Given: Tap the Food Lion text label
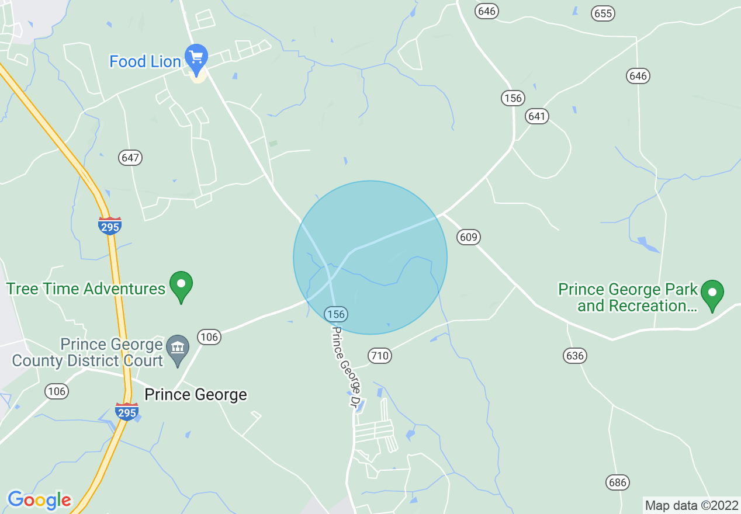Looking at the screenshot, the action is (x=145, y=61).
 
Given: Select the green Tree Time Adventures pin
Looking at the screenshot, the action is (x=181, y=285).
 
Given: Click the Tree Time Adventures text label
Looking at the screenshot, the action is (x=86, y=289).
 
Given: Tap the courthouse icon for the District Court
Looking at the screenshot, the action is (x=178, y=348).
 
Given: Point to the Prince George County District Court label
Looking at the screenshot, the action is (x=88, y=352).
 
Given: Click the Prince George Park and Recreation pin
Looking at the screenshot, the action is (x=712, y=293).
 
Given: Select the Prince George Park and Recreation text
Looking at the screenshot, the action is (x=628, y=297).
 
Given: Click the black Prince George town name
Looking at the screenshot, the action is (x=196, y=395).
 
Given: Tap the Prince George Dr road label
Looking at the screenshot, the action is (x=346, y=367).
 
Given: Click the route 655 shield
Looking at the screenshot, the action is (x=603, y=13).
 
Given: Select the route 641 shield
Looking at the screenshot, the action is (x=536, y=116).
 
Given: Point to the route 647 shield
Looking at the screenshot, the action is (x=130, y=158).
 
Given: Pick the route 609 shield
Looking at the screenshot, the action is (x=469, y=237).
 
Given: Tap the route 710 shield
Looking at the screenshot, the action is (x=379, y=356).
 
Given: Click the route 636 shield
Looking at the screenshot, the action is (x=575, y=355).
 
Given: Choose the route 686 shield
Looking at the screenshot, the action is (x=617, y=482).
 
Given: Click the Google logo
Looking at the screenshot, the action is (x=39, y=500).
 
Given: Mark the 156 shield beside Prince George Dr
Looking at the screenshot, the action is (x=336, y=314).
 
